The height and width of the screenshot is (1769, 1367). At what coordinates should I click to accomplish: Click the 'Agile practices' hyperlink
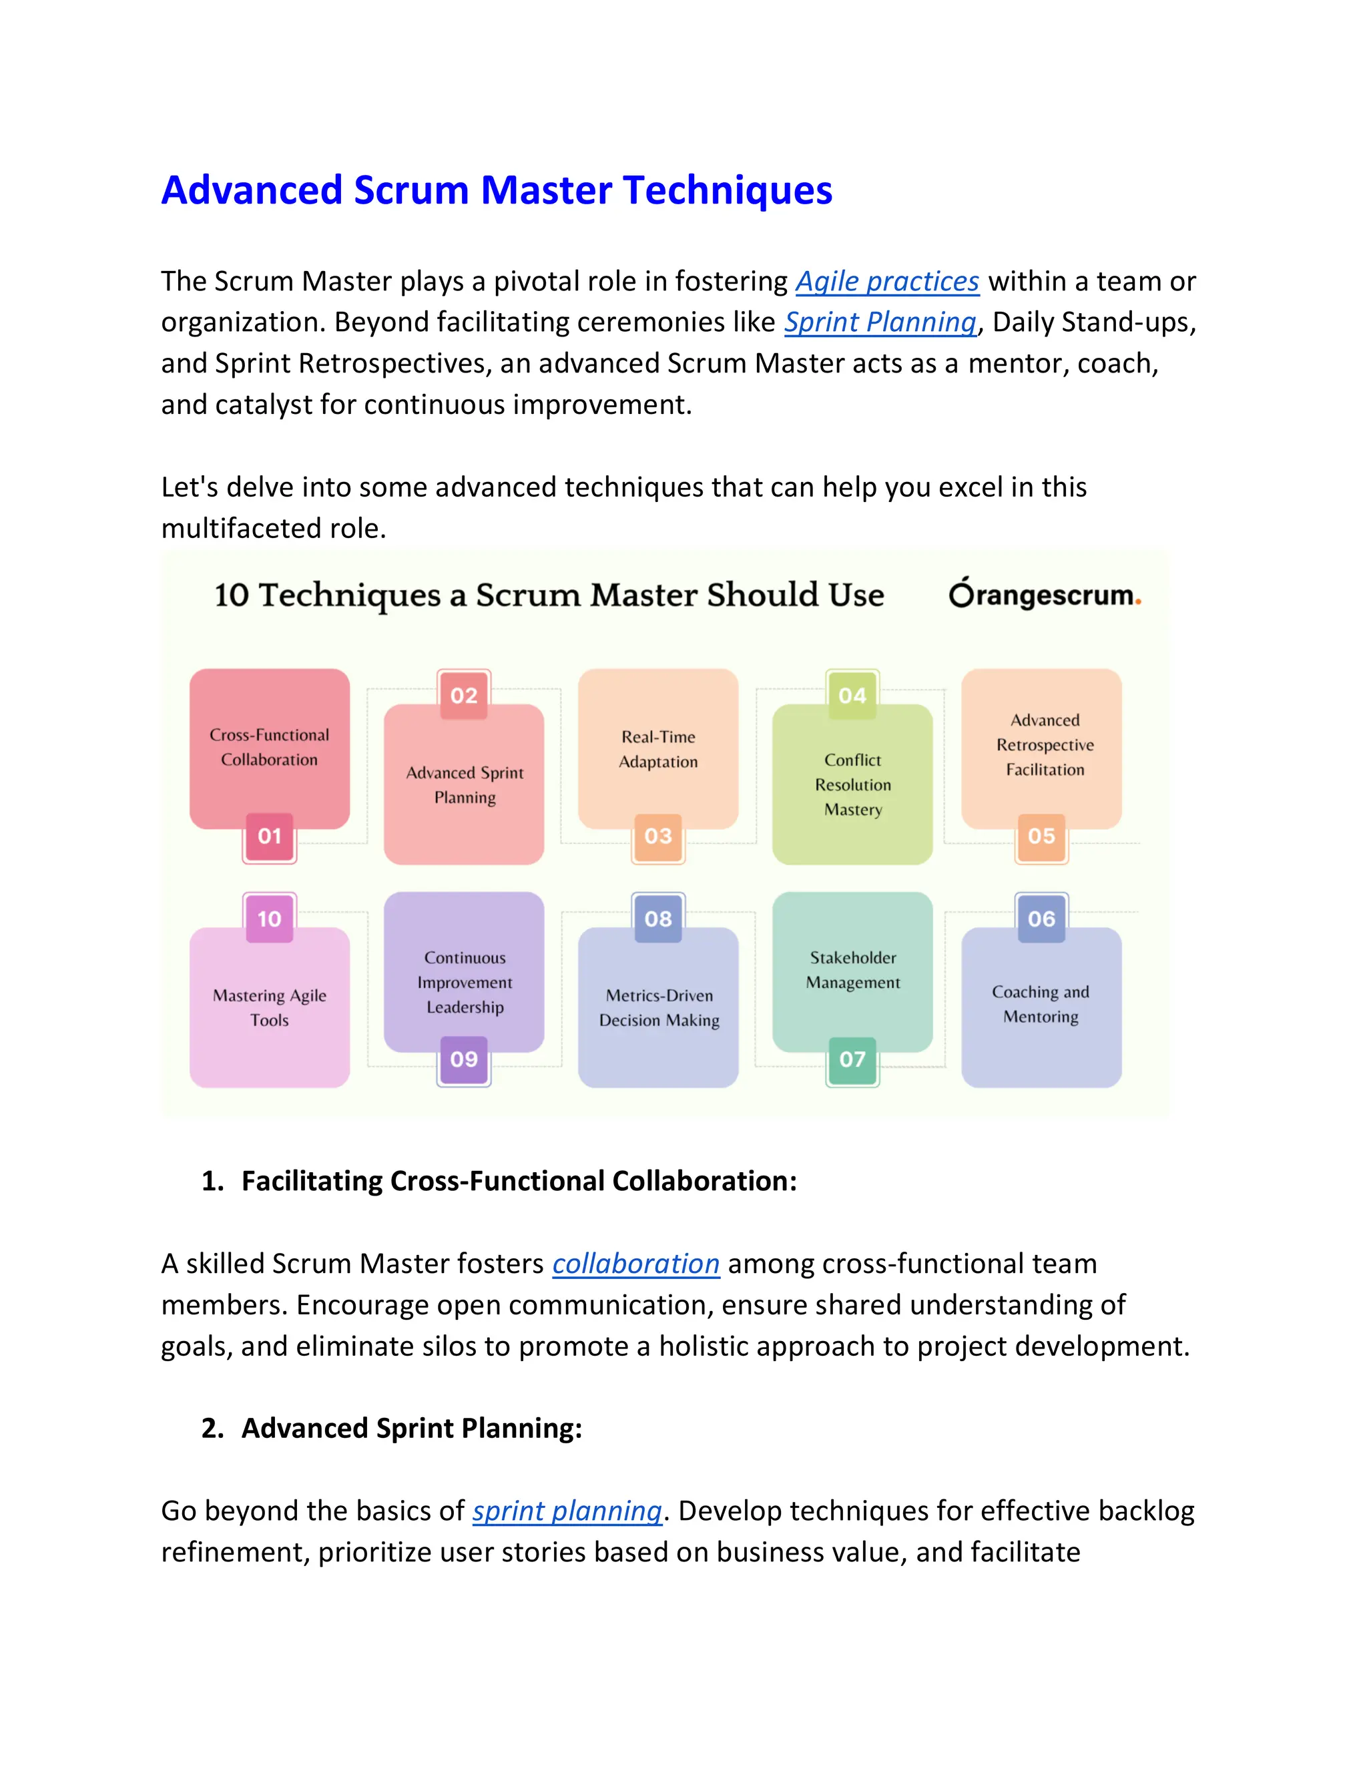pyautogui.click(x=887, y=281)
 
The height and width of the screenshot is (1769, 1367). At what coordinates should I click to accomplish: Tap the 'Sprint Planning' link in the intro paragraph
pyautogui.click(x=880, y=322)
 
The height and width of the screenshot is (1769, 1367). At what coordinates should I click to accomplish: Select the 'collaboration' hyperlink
pyautogui.click(x=635, y=1264)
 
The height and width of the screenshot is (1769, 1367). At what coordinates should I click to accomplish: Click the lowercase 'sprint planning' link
pyautogui.click(x=567, y=1511)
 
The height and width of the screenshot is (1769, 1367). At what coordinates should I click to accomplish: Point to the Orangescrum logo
pyautogui.click(x=1044, y=595)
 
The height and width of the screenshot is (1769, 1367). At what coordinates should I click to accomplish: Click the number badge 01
pyautogui.click(x=270, y=836)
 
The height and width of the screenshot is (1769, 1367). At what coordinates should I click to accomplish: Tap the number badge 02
pyautogui.click(x=464, y=695)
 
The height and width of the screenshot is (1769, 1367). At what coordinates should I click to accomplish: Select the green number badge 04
pyautogui.click(x=852, y=695)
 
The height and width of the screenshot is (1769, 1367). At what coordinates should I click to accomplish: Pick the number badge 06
pyautogui.click(x=1041, y=919)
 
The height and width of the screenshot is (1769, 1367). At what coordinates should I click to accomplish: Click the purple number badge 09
pyautogui.click(x=464, y=1059)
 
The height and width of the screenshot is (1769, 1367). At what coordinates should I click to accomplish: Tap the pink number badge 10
pyautogui.click(x=270, y=919)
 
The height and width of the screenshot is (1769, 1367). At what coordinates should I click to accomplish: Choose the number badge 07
pyautogui.click(x=852, y=1059)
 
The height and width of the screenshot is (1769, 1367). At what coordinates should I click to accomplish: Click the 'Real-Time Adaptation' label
pyautogui.click(x=658, y=749)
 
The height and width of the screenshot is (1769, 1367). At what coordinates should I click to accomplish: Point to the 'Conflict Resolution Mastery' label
pyautogui.click(x=853, y=784)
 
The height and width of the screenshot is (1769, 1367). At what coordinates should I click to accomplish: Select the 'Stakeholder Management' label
pyautogui.click(x=853, y=969)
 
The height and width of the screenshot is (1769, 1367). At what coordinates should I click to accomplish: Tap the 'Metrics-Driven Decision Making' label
pyautogui.click(x=659, y=1007)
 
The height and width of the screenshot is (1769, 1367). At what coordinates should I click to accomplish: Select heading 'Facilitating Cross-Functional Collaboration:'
pyautogui.click(x=519, y=1181)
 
